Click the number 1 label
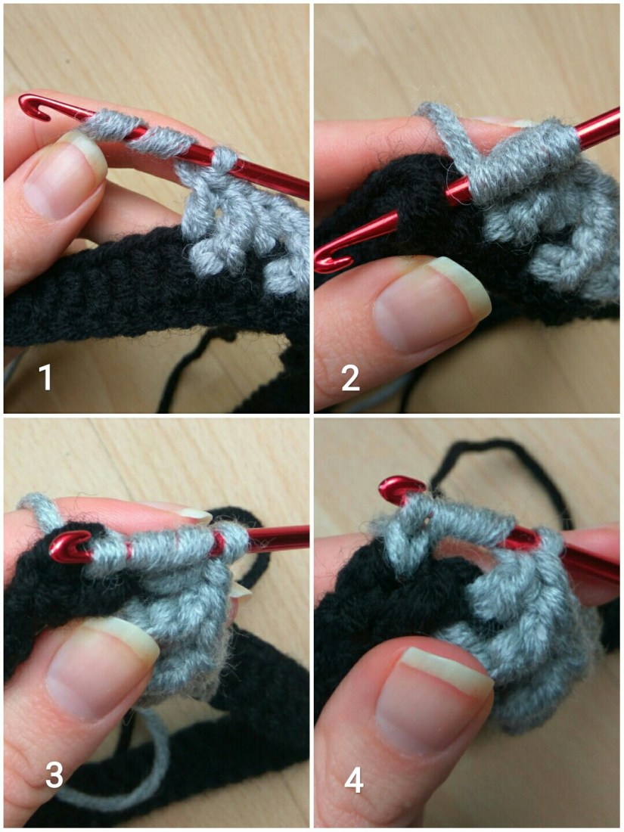pos(45,377)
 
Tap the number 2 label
pos(350,378)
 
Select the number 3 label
pos(54,775)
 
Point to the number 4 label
pos(354,781)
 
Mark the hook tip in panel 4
pos(401,488)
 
